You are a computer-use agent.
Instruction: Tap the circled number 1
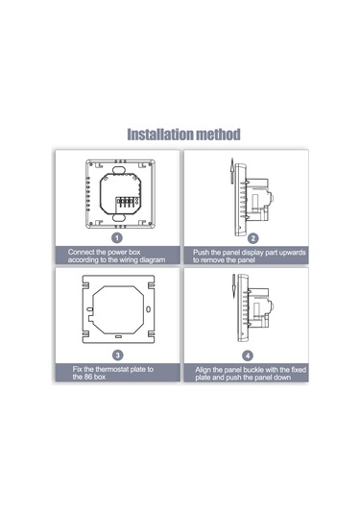point(117,236)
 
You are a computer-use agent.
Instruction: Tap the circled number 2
point(253,237)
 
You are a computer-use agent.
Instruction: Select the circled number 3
point(117,354)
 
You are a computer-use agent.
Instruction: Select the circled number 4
point(248,354)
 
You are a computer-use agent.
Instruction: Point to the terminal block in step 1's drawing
point(122,203)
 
